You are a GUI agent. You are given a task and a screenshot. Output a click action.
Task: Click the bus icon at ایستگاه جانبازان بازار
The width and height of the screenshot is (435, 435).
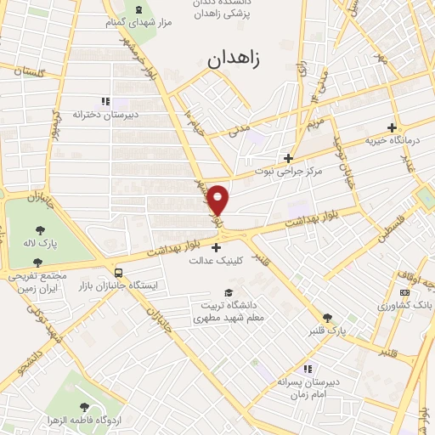click(x=118, y=274)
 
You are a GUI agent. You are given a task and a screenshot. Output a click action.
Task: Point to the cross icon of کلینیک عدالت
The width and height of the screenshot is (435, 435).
click(x=217, y=248)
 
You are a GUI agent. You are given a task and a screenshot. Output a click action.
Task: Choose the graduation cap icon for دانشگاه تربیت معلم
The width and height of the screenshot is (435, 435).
click(x=227, y=292)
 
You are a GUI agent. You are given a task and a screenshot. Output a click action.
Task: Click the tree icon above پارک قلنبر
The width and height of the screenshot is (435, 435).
click(x=326, y=317)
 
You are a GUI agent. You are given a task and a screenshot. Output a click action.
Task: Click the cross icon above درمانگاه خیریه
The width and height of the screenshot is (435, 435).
click(x=392, y=126)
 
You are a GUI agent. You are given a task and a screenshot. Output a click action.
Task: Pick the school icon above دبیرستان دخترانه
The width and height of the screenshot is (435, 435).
click(x=105, y=101)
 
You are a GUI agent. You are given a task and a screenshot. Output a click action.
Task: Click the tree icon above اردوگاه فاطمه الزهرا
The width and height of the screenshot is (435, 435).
click(x=83, y=409)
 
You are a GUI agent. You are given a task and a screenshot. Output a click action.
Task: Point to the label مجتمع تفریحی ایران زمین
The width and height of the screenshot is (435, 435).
click(x=38, y=284)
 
